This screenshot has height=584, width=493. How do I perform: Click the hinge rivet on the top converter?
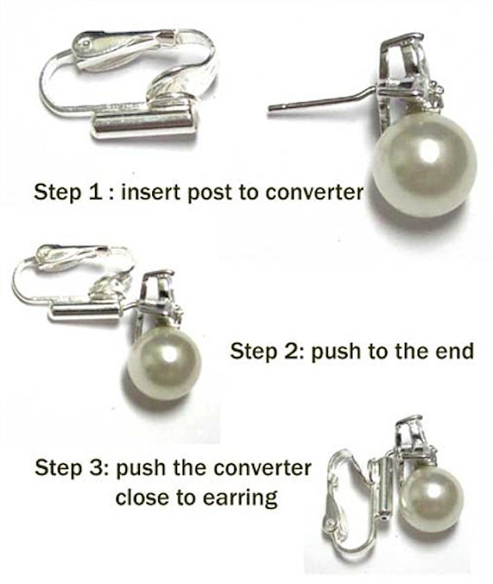85,44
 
